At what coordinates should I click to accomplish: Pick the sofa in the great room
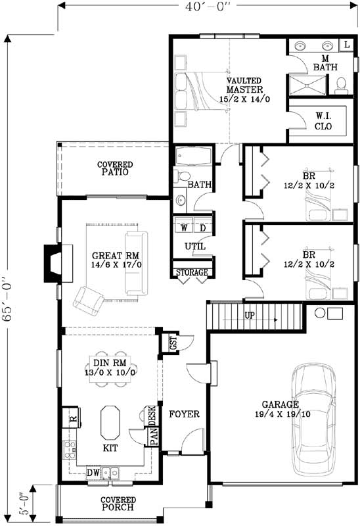[136, 262]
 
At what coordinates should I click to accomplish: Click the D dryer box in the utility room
[203, 227]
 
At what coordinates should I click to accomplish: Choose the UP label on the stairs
[250, 316]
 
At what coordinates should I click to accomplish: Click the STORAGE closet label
[191, 272]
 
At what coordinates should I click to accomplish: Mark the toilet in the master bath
[342, 84]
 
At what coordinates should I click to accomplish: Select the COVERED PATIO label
[115, 168]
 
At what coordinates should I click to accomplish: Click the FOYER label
[184, 414]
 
